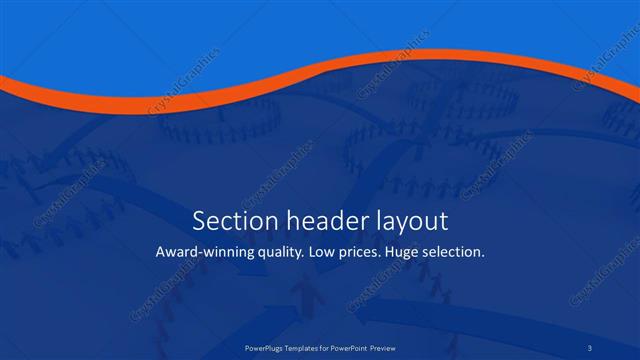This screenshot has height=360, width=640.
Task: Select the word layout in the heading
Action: coord(410,221)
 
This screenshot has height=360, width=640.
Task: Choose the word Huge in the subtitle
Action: coord(417,253)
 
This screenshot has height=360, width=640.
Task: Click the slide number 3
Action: coord(590,349)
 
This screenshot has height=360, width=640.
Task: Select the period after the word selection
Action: coord(484,257)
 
